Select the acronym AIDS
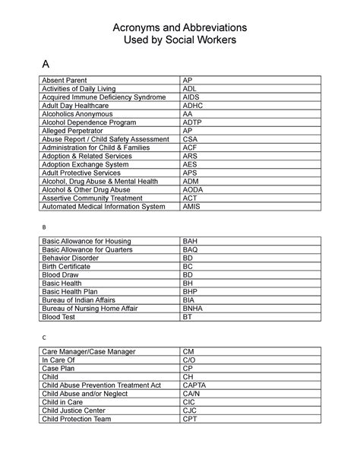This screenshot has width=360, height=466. click(x=191, y=97)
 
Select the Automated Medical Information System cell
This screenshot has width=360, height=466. click(x=103, y=206)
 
